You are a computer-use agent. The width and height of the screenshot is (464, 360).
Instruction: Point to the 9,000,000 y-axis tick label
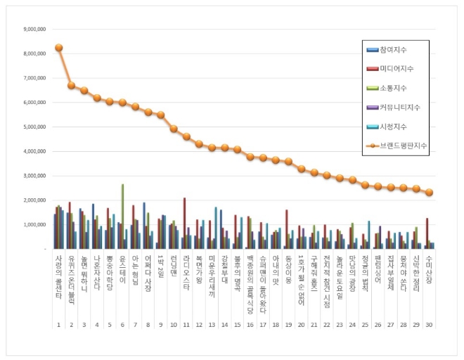coord(34,30)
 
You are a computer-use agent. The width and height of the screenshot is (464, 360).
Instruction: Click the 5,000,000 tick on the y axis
coord(34,127)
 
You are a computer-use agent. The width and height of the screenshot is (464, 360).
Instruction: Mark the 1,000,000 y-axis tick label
coord(34,225)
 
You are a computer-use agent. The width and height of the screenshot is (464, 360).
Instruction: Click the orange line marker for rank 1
coord(59,48)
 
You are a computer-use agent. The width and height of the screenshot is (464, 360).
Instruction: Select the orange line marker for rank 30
coord(430,192)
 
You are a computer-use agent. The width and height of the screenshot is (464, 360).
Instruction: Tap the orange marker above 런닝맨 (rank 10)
coord(174,129)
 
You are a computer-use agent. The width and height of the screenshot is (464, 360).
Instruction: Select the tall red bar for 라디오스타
coord(185,224)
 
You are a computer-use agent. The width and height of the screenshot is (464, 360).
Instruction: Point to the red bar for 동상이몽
coord(287,229)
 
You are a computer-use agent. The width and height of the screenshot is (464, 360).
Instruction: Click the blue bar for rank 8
coord(144,226)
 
